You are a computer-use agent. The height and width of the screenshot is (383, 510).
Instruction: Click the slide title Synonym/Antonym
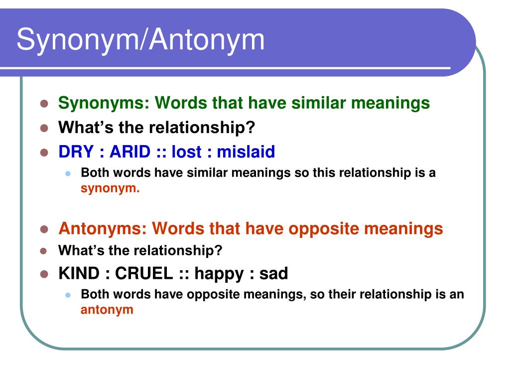tap(140, 40)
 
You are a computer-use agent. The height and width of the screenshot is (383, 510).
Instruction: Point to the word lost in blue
tap(189, 152)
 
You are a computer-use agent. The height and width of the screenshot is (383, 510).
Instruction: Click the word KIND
tap(79, 273)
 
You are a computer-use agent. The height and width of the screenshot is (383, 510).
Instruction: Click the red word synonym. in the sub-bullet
tap(111, 189)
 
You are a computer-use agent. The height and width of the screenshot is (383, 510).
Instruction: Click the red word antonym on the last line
tap(107, 310)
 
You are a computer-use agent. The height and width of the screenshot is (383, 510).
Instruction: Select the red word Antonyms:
tap(103, 228)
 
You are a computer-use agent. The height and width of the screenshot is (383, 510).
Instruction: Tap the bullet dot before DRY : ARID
tap(44, 152)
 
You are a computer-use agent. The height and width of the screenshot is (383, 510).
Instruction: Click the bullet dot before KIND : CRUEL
tap(44, 274)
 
